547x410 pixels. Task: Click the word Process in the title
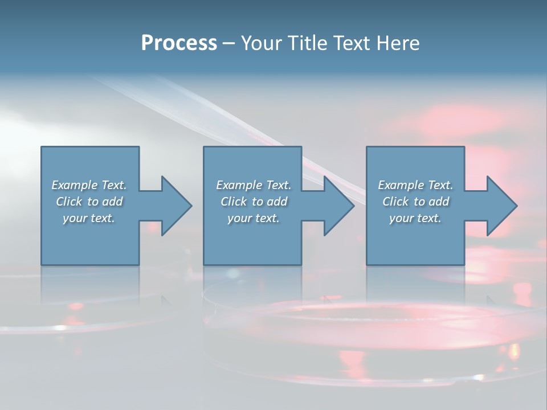(179, 43)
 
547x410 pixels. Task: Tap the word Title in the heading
(308, 43)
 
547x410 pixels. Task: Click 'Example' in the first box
(75, 185)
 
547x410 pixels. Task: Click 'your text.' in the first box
(89, 218)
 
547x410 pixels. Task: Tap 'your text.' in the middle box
(253, 218)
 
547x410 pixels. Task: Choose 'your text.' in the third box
(415, 218)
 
